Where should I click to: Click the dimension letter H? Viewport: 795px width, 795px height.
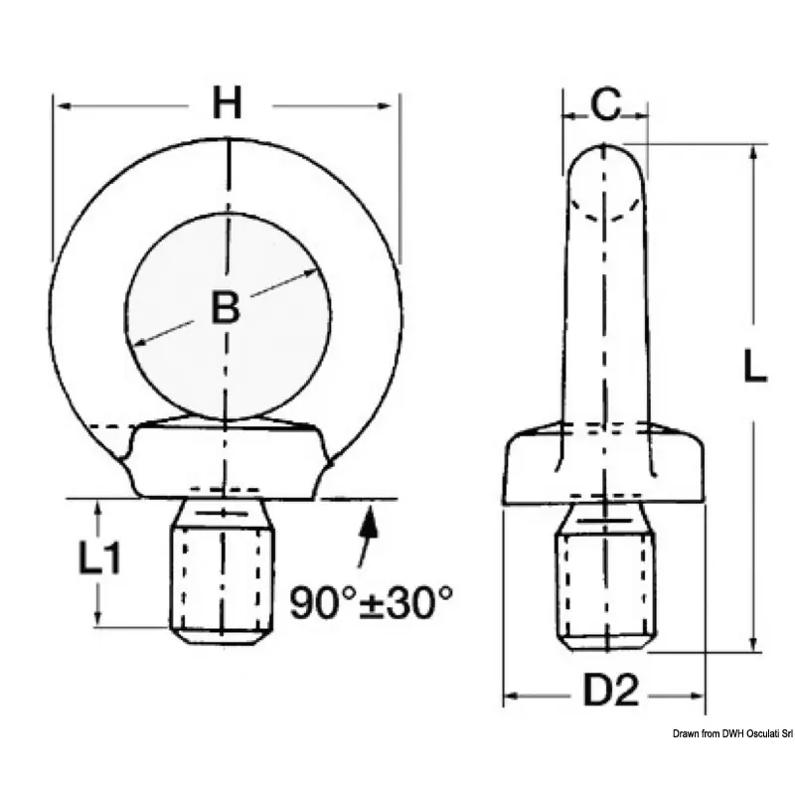pyautogui.click(x=227, y=103)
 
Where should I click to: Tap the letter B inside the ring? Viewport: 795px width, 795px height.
pyautogui.click(x=226, y=307)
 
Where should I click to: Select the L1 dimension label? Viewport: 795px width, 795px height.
pyautogui.click(x=99, y=557)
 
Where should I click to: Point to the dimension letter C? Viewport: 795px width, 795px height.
pyautogui.click(x=605, y=104)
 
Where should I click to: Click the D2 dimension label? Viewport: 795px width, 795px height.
pyautogui.click(x=610, y=690)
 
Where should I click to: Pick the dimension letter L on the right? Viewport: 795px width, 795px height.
pyautogui.click(x=755, y=365)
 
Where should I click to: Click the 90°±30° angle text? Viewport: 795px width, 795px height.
pyautogui.click(x=371, y=602)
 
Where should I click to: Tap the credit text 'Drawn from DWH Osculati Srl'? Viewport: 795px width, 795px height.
pyautogui.click(x=732, y=733)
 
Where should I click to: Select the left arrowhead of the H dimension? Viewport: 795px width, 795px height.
pyautogui.click(x=64, y=106)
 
